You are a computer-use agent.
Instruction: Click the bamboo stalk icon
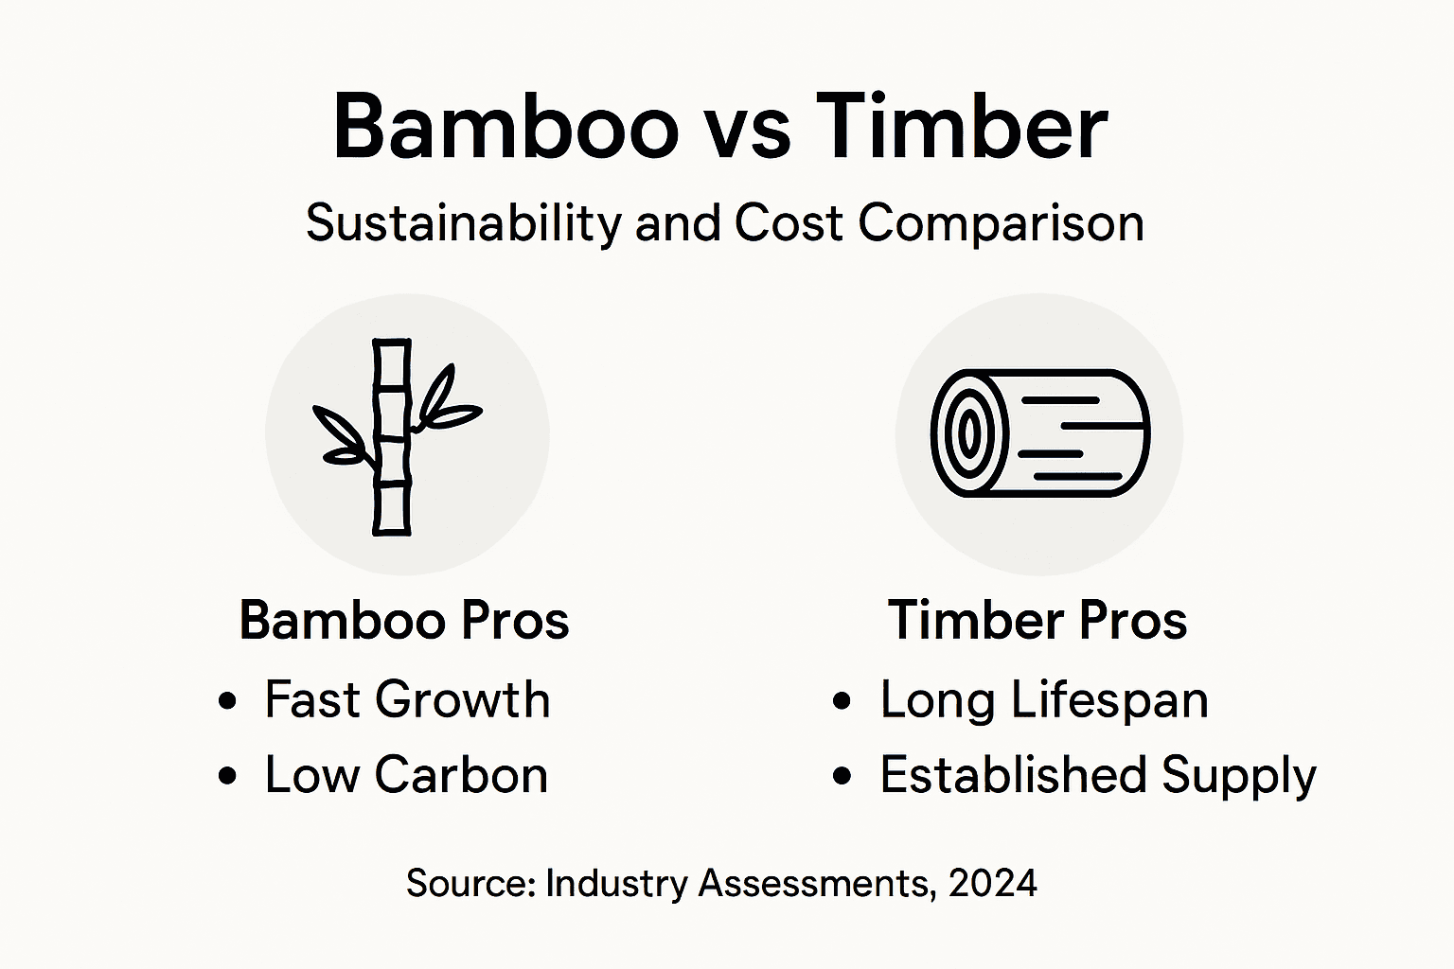tap(392, 437)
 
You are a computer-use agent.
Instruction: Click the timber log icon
tap(1039, 433)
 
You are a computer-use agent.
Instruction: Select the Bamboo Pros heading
tap(404, 621)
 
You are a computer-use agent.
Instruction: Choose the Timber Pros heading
tap(1037, 621)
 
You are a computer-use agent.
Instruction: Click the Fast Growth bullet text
tap(407, 700)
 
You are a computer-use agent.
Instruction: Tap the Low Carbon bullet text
tap(406, 775)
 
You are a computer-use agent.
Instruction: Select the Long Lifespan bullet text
tap(1044, 701)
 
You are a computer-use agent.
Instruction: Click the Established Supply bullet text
tap(1098, 776)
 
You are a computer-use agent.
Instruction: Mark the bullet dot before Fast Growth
tap(226, 702)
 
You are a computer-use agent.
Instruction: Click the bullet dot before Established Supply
tap(842, 777)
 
